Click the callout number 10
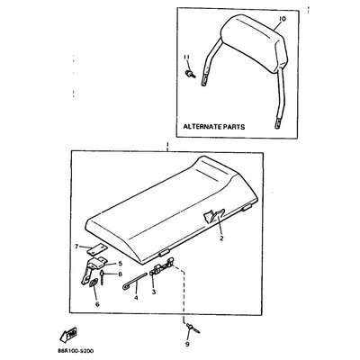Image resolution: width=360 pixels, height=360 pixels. coord(283,19)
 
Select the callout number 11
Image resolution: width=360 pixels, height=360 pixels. coord(186,57)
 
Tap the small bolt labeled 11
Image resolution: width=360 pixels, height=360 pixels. coord(190,74)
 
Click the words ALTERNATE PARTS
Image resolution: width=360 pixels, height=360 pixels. coord(214,127)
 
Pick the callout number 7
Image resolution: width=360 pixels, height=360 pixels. coord(76,247)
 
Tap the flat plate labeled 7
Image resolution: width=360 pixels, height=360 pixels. coord(97,247)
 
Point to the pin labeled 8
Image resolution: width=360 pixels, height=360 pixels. coord(103,277)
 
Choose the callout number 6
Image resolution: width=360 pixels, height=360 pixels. coord(97,304)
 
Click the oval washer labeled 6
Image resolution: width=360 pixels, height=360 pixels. coord(93,283)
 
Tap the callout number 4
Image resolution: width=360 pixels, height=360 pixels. coord(136,298)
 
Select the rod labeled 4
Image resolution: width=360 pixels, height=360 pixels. coord(135,282)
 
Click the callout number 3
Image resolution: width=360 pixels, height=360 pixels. coord(154,292)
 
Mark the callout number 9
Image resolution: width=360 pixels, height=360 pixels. coord(187,344)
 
